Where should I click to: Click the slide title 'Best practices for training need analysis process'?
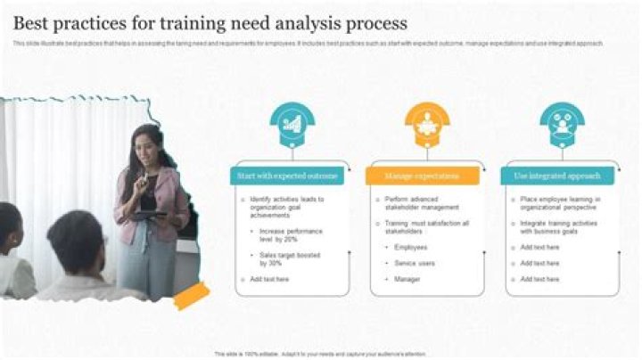210,22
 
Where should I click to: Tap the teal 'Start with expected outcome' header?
287,176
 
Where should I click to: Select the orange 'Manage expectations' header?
422,176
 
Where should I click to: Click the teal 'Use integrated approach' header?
557,176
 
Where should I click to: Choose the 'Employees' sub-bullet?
411,247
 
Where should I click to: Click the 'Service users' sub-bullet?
415,263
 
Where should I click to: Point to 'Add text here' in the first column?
269,279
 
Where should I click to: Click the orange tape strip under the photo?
191,295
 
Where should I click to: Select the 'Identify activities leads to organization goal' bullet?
287,207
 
